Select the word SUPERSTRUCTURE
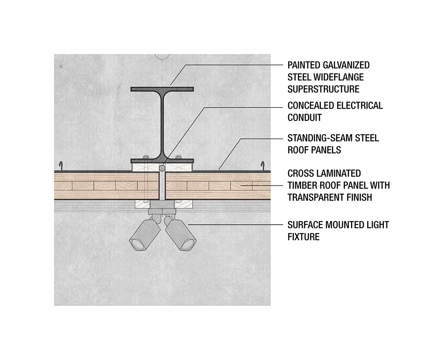[323, 89]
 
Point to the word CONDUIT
[304, 117]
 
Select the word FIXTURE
[303, 237]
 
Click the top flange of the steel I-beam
[162, 89]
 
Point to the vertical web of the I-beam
[162, 122]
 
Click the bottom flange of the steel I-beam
[162, 160]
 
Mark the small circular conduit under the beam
[162, 167]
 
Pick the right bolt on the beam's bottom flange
[178, 157]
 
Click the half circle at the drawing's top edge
[162, 57]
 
